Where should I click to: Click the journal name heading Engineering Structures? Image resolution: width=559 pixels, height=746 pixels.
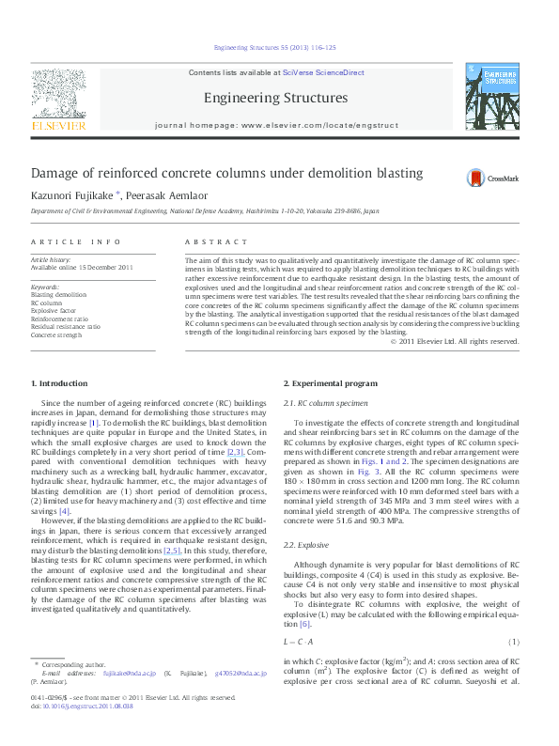pos(275,98)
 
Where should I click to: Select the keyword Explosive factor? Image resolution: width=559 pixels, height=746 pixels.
pos(54,311)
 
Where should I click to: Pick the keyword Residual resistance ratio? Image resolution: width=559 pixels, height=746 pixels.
pos(66,326)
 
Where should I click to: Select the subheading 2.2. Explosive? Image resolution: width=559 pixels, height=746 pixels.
pos(305,545)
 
